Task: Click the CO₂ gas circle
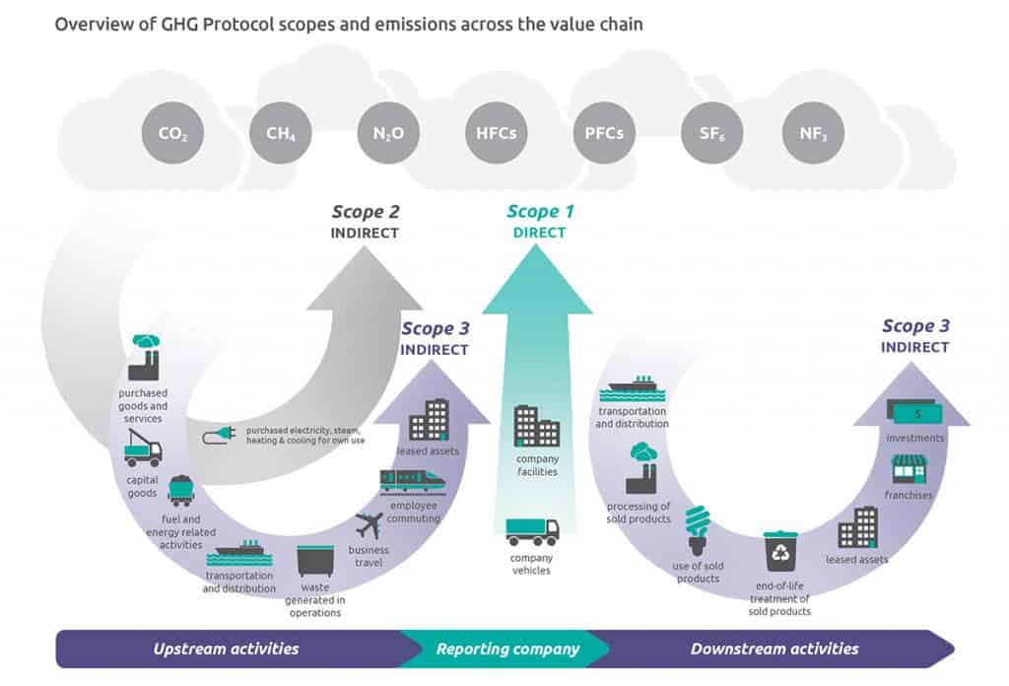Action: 172,132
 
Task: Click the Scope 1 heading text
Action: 539,211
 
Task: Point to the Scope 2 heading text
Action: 365,211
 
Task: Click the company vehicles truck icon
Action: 532,531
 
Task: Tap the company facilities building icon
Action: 537,427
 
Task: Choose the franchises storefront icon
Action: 908,469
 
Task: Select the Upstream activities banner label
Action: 226,649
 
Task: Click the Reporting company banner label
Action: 507,649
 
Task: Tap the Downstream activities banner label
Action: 774,649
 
